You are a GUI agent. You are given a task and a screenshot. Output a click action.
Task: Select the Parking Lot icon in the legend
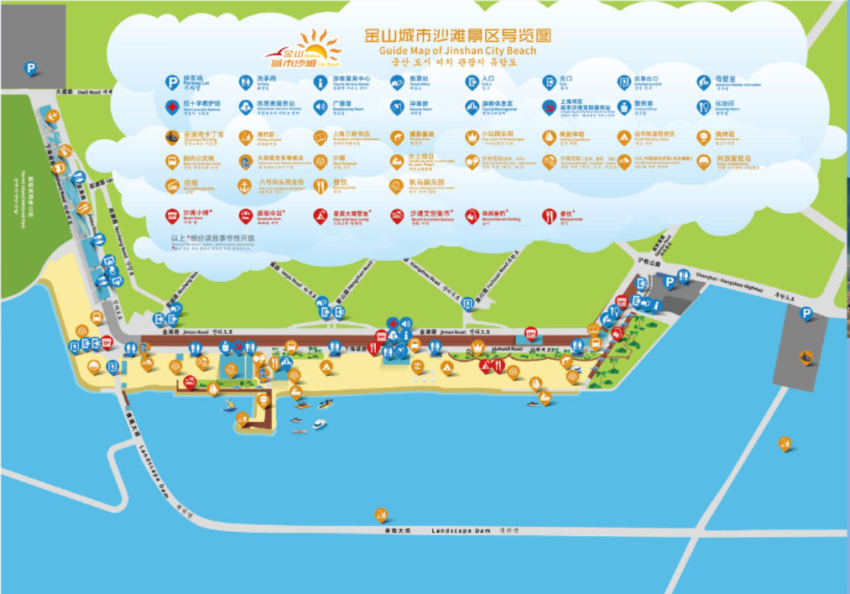[x=171, y=82]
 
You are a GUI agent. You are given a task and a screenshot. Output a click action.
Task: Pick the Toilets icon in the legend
[x=246, y=82]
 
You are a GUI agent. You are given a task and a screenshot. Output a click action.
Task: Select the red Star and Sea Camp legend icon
[x=321, y=216]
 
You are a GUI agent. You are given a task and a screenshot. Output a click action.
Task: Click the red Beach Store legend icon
[x=171, y=216]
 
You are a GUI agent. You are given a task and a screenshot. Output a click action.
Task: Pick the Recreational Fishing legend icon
[x=472, y=216]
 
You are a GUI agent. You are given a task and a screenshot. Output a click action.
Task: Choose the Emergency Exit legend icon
[x=623, y=82]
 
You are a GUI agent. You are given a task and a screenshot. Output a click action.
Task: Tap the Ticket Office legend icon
[x=397, y=82]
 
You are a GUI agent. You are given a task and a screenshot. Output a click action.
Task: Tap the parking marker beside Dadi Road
[x=31, y=69]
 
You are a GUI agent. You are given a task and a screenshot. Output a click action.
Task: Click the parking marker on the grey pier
[x=806, y=314]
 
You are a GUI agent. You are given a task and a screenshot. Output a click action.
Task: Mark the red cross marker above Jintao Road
[x=392, y=323]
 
